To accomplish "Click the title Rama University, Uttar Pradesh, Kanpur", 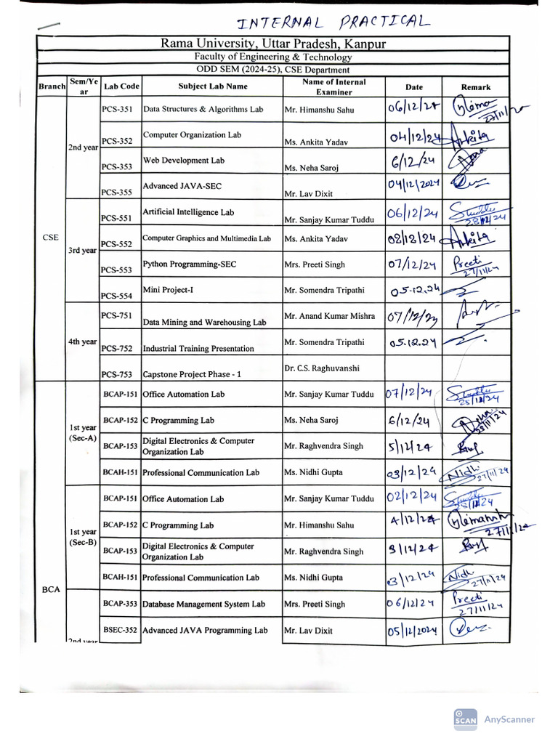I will point(272,44).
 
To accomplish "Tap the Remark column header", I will point(476,87).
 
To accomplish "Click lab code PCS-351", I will point(117,110).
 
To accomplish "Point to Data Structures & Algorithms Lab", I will point(203,110).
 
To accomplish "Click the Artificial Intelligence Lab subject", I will point(188,213).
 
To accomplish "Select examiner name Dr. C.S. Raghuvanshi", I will point(322,368).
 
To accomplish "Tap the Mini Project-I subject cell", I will point(173,290).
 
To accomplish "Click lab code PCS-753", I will point(117,375).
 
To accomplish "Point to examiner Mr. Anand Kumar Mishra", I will point(329,316).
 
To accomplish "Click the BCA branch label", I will point(52,590).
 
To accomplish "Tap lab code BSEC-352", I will point(120,631).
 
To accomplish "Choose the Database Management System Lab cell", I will point(203,604).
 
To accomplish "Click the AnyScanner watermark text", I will point(509,719).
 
